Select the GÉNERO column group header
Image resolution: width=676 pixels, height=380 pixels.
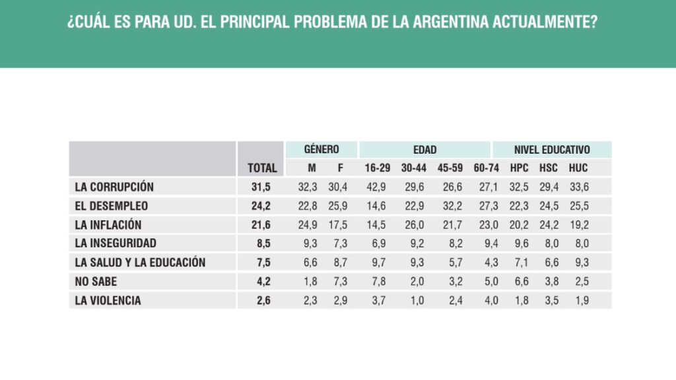click(x=321, y=150)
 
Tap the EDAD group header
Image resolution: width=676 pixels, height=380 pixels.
click(x=424, y=150)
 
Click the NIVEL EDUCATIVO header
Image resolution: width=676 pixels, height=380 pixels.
click(x=552, y=150)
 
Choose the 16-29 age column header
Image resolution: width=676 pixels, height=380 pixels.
click(x=378, y=168)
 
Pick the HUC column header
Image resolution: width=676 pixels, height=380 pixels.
click(x=578, y=168)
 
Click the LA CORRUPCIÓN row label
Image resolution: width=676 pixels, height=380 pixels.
click(x=114, y=187)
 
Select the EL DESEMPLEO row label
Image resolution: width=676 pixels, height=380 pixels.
click(x=112, y=206)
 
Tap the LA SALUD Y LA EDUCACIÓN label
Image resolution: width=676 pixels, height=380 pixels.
click(x=140, y=263)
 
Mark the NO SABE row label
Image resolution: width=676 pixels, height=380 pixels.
click(x=96, y=282)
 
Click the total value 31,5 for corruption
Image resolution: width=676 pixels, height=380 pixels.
click(x=262, y=187)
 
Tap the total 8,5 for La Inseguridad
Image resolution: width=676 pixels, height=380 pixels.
click(x=263, y=243)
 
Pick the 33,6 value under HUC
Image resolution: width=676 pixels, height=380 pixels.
click(x=578, y=187)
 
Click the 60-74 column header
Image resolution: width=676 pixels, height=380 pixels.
click(x=486, y=168)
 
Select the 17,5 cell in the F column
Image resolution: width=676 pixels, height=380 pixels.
click(x=338, y=225)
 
